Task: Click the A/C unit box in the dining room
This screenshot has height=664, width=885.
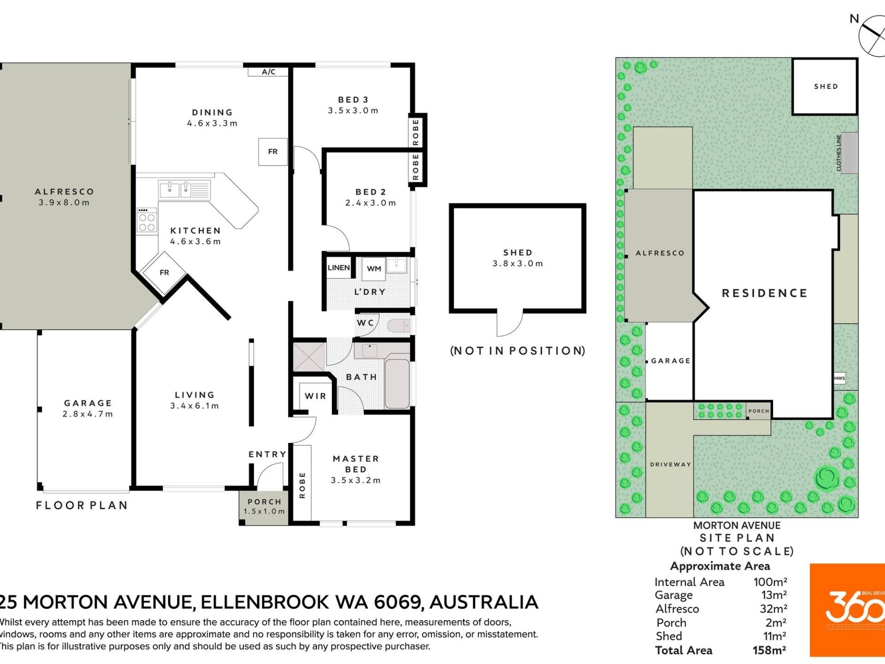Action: click(268, 71)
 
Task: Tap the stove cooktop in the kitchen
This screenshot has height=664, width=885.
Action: click(147, 220)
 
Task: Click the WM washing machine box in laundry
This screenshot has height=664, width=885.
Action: click(374, 269)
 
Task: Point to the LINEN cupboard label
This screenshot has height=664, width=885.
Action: click(339, 268)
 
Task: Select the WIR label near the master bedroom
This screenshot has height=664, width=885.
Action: click(316, 396)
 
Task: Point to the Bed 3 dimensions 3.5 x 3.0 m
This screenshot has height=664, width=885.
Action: click(353, 111)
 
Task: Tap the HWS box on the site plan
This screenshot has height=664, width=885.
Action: click(839, 378)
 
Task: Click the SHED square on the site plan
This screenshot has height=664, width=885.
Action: click(825, 86)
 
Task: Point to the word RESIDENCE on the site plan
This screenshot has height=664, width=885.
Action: click(765, 293)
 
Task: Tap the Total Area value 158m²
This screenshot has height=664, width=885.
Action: click(769, 651)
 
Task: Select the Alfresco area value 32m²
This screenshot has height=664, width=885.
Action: click(773, 609)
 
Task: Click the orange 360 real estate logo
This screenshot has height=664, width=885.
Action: click(847, 610)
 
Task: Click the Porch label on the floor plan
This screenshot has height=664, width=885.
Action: click(265, 502)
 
